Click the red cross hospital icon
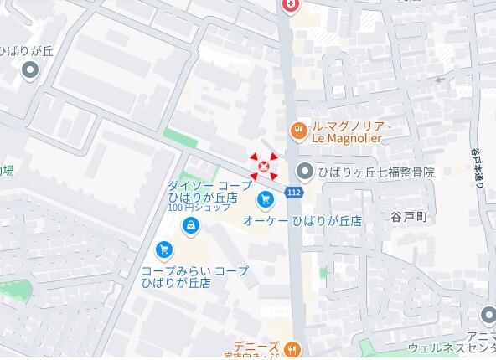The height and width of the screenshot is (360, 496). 291,5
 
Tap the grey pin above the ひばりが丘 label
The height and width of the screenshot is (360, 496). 31,70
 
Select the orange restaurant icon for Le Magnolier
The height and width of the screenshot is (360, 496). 297,130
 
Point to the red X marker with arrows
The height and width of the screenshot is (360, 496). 263,167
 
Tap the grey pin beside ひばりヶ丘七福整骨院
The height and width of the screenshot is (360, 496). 304,172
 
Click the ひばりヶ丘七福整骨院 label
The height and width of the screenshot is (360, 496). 376,172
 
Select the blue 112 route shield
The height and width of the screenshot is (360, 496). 293,193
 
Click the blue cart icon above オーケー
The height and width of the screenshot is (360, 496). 265,199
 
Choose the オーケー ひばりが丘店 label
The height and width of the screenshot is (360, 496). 302,221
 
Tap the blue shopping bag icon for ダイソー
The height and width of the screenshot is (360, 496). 192,224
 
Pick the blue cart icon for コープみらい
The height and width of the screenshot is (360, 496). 164,249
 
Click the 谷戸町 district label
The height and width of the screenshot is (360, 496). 409,217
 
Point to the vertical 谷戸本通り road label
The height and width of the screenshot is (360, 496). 478,171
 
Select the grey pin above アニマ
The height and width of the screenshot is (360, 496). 488,316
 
